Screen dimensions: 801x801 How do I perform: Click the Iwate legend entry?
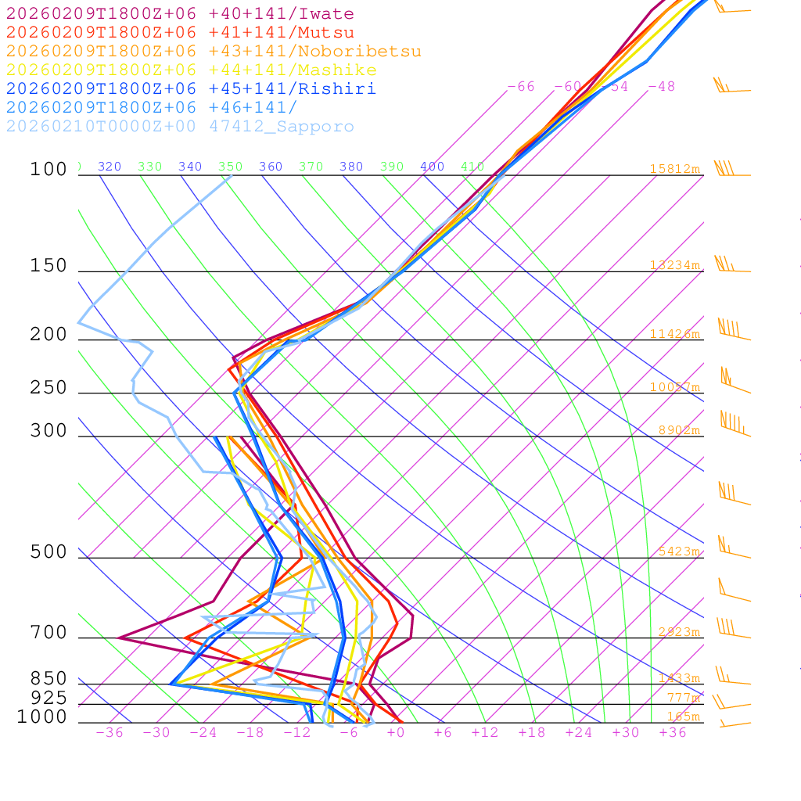(x=180, y=14)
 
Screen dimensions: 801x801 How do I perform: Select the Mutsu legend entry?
(x=180, y=33)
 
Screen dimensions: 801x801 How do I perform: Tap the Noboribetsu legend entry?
(x=214, y=52)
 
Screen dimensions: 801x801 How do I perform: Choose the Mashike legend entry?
(x=191, y=70)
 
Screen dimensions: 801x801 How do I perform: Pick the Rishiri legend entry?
(x=191, y=89)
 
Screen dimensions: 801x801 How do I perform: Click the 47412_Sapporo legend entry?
(x=180, y=127)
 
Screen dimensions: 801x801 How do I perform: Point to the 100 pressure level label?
(x=48, y=169)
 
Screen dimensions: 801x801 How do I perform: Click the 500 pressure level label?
(x=48, y=552)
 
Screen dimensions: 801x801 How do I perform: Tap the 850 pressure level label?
(x=48, y=678)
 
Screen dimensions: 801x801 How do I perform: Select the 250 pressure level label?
(x=48, y=387)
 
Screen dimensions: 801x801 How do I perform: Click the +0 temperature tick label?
(x=397, y=733)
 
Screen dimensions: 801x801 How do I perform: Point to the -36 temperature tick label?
(x=109, y=733)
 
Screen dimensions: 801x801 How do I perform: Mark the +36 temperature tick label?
(x=672, y=733)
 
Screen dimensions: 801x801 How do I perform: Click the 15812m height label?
(x=674, y=169)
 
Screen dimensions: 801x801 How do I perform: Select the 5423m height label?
(x=677, y=551)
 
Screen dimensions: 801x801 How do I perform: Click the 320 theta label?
(x=110, y=167)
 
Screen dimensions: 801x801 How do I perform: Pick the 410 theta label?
(x=472, y=167)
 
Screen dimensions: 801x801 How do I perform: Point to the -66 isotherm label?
(x=521, y=87)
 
